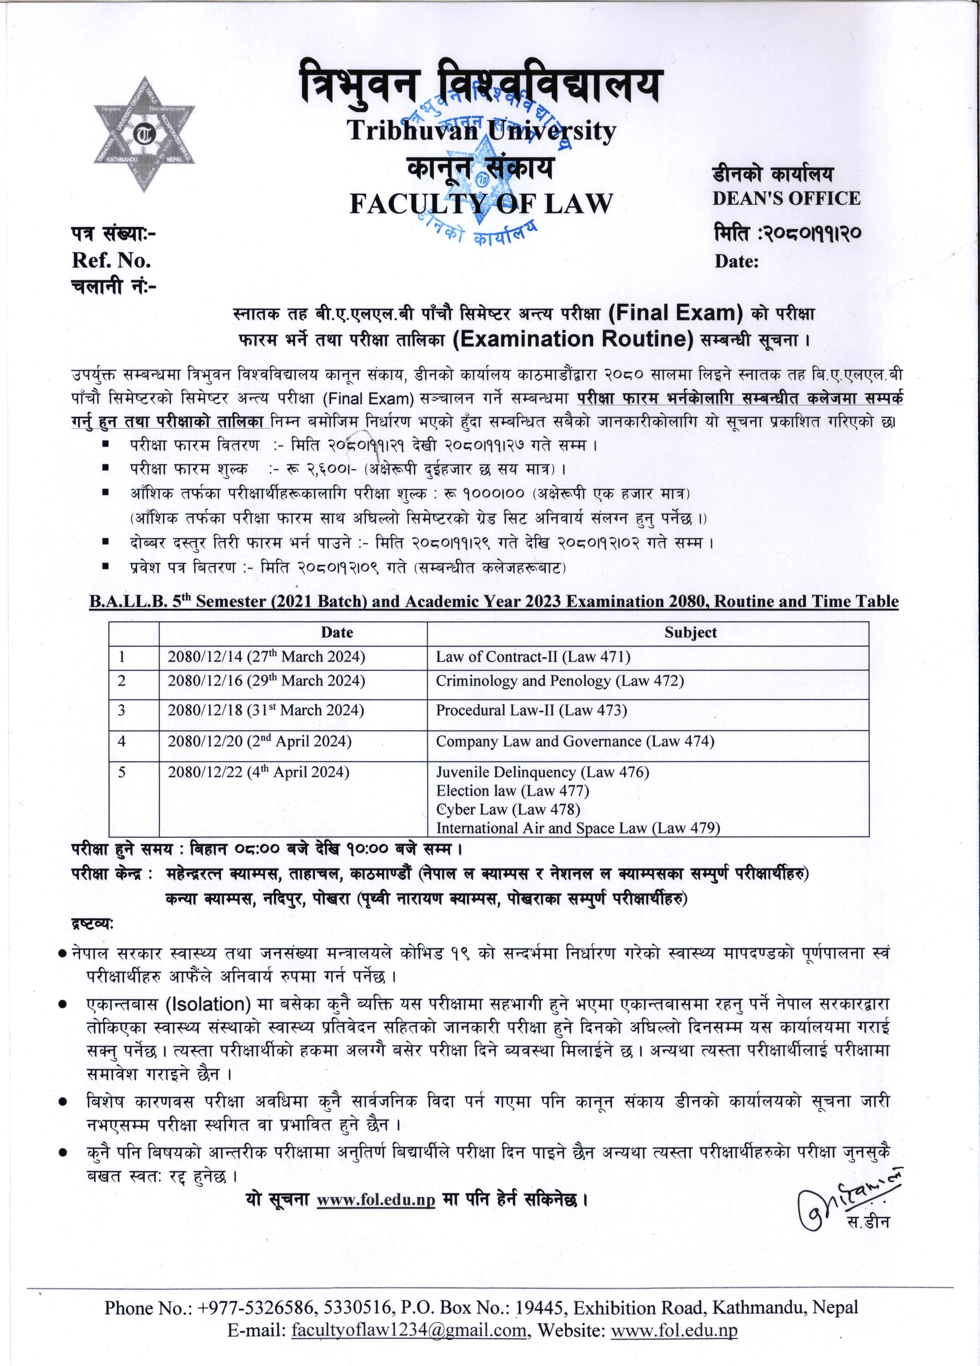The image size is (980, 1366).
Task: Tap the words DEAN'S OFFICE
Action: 786,198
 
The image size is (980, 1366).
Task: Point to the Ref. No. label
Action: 112,260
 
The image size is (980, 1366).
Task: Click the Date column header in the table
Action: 337,632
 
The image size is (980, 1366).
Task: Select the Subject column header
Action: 690,632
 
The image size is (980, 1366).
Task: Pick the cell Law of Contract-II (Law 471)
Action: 533,657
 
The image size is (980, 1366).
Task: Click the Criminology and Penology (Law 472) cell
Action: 560,681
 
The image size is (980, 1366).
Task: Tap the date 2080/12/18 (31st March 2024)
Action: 266,710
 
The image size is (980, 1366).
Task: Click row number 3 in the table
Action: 122,710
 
